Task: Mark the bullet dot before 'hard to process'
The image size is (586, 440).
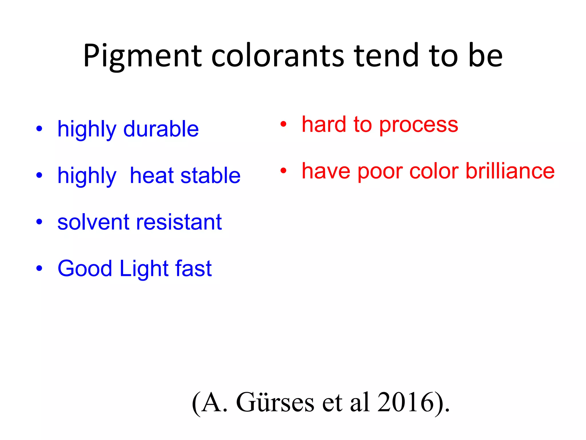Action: (x=283, y=124)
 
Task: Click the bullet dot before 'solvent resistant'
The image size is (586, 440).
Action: (x=39, y=222)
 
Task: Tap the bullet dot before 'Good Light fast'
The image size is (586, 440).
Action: (x=39, y=268)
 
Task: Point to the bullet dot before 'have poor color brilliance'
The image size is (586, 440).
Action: (x=283, y=171)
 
